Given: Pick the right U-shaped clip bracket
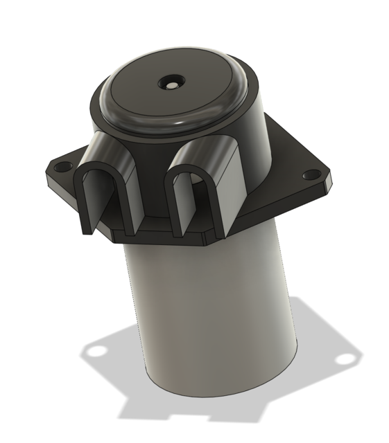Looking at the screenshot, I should [198, 187].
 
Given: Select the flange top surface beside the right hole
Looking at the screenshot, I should [291, 166].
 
